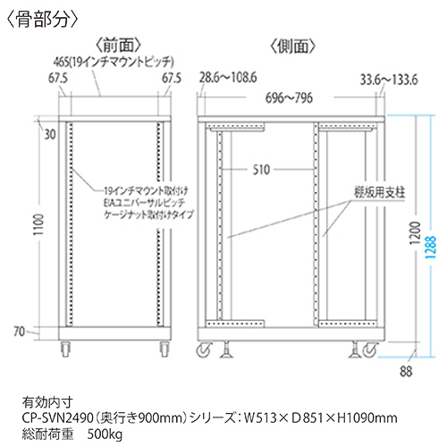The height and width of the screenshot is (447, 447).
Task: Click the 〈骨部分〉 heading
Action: coord(42,20)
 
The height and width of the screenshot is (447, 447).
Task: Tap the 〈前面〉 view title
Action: coord(118,46)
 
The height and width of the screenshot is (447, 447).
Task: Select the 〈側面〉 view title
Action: coord(292,46)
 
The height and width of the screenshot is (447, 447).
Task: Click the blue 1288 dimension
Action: coord(431,247)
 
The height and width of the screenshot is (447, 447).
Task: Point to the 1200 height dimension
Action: coord(415,232)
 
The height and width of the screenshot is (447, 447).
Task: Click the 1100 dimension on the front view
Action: coord(38,224)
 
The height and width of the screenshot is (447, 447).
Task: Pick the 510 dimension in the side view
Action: coord(261,170)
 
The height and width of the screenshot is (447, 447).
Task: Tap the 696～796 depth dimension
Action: coord(289,97)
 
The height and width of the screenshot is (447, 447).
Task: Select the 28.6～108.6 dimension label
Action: coord(228,78)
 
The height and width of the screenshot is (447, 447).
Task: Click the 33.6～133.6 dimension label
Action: coord(389,80)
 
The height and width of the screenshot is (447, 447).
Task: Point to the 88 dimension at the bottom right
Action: coord(406,371)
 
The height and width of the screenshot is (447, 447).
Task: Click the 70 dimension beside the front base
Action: coord(20,332)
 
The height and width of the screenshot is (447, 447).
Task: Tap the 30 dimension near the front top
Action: coord(50,135)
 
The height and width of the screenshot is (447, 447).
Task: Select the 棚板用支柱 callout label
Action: coord(380,192)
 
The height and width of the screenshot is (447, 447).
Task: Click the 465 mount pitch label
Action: coord(114,62)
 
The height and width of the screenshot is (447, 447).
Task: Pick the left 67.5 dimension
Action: coord(58,79)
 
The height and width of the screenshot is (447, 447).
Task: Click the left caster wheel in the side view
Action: coord(204,349)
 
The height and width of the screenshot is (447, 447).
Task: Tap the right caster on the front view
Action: coord(164,349)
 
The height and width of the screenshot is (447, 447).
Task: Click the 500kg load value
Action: coord(105,434)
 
